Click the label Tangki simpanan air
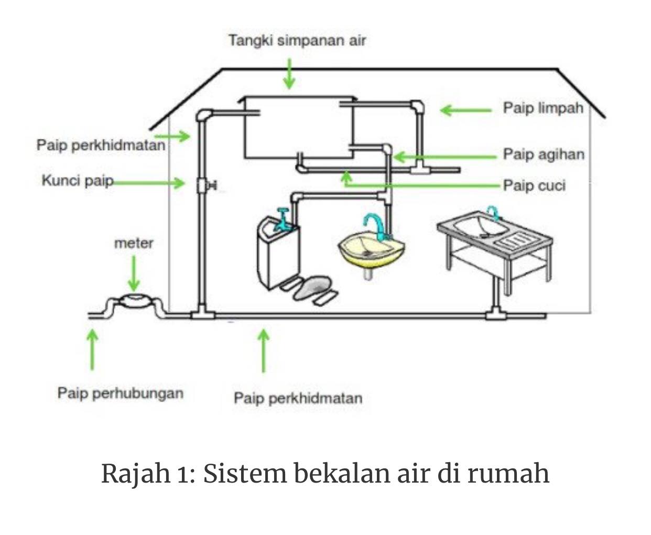coord(297,40)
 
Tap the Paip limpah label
coord(543,108)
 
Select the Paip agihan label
coord(544,154)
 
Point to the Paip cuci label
coord(534,185)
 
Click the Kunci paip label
coord(78,180)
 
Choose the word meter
coord(134,244)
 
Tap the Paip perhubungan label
coord(121,394)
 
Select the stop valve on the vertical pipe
coord(206,185)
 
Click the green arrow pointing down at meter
coord(134,274)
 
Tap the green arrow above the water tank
coord(289,74)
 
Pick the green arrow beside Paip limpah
coord(465,110)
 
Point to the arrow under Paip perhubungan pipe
coord(92,350)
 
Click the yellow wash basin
coord(371,250)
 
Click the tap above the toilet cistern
coord(282,220)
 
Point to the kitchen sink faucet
coord(493,213)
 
